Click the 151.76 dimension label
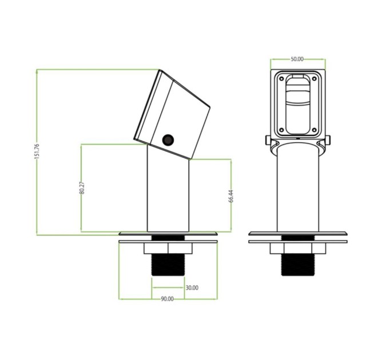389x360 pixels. [37, 151]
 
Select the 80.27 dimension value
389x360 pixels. [82, 187]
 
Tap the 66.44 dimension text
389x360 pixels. [231, 196]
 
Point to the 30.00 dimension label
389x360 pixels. [192, 287]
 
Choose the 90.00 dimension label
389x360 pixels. [167, 299]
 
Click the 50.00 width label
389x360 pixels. [297, 59]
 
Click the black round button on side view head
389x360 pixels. [168, 140]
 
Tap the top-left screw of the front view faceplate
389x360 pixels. [281, 79]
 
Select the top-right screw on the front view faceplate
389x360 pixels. [314, 79]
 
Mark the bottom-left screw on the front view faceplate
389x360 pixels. [281, 130]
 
